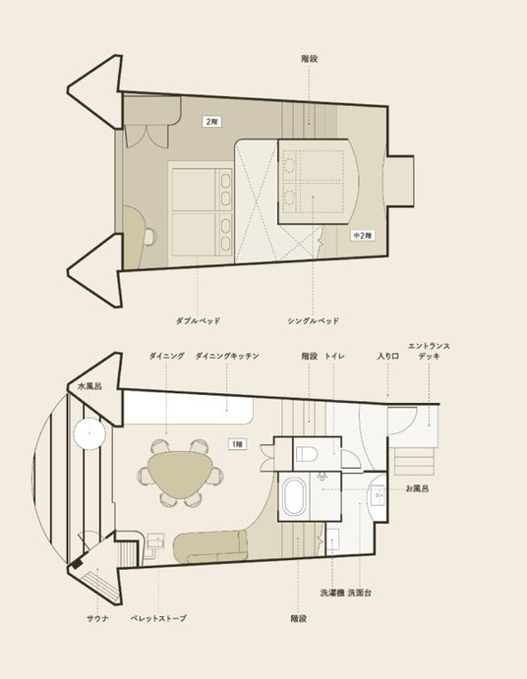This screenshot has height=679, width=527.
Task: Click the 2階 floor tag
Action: [212, 122]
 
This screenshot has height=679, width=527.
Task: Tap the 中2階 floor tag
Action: [363, 236]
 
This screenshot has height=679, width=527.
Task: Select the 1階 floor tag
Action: [237, 444]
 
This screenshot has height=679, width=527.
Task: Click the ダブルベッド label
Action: [198, 321]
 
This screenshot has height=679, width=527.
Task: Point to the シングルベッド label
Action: [313, 321]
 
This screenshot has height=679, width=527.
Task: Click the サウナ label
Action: [97, 618]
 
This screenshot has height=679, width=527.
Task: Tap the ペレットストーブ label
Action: [158, 618]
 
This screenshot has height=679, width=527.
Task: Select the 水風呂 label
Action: [89, 386]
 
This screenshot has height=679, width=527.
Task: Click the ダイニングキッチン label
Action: [227, 356]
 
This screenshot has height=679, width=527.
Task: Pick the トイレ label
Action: [334, 356]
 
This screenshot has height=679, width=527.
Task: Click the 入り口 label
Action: [388, 356]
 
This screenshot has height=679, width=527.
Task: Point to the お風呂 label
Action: [417, 489]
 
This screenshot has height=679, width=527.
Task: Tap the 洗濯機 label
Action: [332, 593]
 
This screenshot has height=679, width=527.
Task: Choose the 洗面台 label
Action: [359, 593]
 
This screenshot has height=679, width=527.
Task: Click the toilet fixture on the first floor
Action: [307, 454]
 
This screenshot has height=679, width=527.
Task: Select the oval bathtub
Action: [294, 496]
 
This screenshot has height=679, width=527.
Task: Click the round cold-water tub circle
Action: [89, 434]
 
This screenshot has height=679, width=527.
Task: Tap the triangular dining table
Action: [180, 475]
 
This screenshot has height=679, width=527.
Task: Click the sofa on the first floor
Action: [210, 546]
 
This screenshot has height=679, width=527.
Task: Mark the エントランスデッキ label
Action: [429, 351]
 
